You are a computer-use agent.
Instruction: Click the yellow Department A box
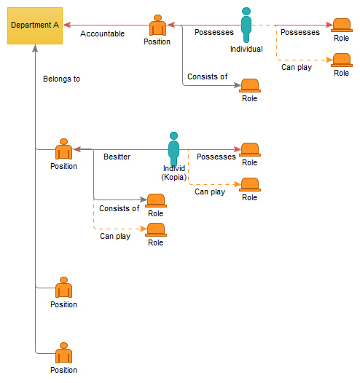(35, 25)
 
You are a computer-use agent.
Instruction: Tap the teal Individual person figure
(246, 25)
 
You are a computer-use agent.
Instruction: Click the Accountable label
(102, 33)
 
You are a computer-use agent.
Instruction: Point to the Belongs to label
(61, 79)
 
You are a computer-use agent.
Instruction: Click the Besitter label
(117, 157)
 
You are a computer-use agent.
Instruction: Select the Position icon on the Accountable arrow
(157, 27)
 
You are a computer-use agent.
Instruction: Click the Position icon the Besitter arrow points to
(63, 151)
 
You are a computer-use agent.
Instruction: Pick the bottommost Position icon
(63, 354)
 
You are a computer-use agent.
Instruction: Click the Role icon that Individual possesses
(340, 25)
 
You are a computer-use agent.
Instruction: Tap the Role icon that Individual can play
(340, 60)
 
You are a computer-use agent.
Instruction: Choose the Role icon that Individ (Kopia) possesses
(249, 150)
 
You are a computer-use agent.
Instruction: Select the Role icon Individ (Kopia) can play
(249, 185)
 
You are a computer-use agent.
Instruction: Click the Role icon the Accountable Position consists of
(249, 86)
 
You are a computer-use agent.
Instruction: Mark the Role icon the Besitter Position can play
(155, 230)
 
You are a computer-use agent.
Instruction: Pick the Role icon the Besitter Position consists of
(155, 200)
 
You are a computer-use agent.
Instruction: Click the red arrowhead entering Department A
(67, 25)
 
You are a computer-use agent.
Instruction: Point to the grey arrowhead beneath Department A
(35, 49)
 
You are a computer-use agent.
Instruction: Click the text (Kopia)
(173, 177)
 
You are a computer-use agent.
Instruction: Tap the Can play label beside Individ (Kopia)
(209, 192)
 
